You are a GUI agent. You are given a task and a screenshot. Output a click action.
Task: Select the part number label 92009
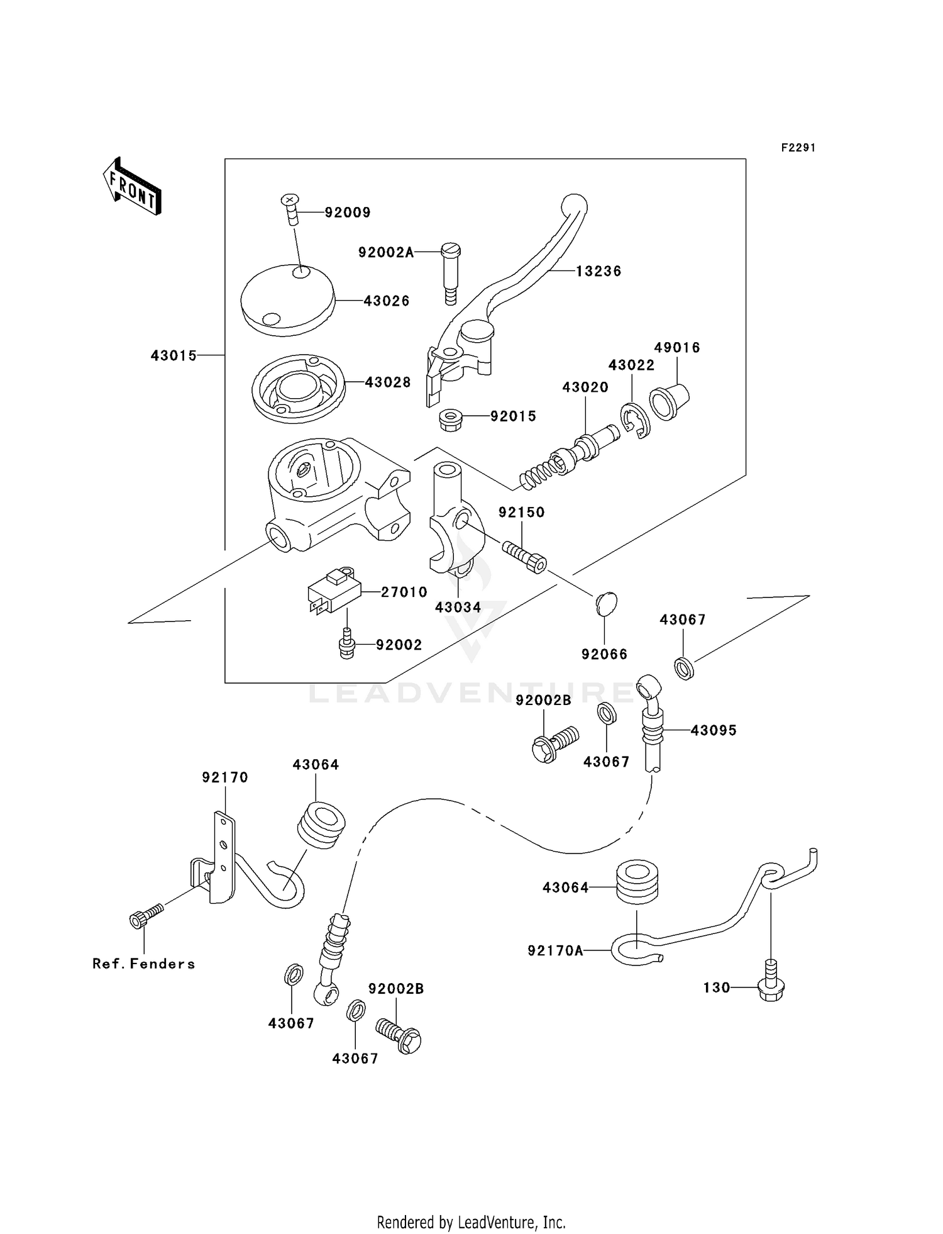coord(347,213)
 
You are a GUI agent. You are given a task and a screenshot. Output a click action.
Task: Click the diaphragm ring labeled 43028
coord(299,387)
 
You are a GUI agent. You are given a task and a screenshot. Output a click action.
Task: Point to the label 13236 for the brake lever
coord(598,271)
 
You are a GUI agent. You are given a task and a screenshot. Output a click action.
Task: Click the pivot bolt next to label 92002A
coord(450,273)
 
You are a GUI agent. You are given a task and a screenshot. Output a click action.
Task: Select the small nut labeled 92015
coord(449,420)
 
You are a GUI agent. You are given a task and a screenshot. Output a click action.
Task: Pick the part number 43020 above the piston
coord(585,387)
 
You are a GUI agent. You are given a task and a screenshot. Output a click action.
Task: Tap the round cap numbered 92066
coord(606,603)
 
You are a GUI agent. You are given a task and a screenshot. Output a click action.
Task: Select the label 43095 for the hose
coord(713,730)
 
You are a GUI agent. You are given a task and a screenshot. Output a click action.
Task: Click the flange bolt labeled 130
coord(771,988)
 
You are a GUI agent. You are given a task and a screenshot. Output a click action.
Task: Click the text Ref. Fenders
coord(143,964)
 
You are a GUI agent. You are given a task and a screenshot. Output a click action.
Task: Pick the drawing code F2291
coord(798,148)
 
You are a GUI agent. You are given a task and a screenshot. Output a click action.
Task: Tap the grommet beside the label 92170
coord(320,825)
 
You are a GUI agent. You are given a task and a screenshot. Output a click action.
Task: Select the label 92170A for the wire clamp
coord(555,950)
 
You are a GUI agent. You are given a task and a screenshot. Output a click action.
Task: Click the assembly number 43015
coord(174,355)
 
